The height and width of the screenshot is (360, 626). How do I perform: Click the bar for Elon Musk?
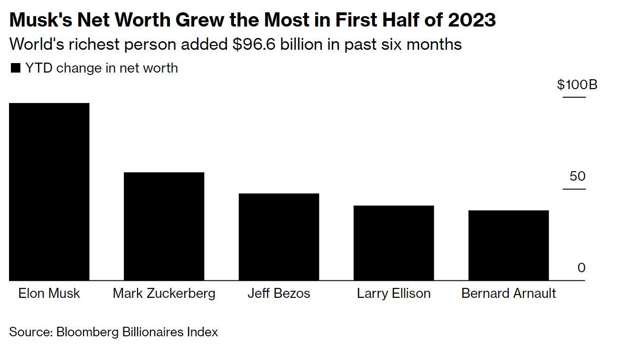click(49, 192)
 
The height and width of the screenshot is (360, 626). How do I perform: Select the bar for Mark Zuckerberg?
click(164, 226)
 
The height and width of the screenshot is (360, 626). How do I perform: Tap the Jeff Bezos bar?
click(279, 237)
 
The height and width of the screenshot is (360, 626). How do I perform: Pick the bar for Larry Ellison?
click(393, 243)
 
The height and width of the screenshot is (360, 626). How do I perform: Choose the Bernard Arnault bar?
click(508, 245)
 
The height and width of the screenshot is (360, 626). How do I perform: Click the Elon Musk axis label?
click(49, 293)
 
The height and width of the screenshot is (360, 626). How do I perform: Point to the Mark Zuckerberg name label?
click(164, 293)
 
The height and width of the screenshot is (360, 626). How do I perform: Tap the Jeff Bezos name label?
click(279, 293)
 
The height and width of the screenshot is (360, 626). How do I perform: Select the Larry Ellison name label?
click(393, 293)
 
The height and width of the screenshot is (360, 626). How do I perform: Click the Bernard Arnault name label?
click(508, 293)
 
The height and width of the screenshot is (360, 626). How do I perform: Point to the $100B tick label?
click(577, 85)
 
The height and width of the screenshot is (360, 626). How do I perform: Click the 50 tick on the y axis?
click(578, 176)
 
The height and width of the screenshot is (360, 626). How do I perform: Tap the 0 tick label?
click(581, 268)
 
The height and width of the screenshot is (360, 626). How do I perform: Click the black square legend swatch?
click(16, 68)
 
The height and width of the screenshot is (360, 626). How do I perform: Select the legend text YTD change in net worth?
click(102, 68)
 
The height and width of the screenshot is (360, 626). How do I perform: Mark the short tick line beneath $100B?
click(574, 97)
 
